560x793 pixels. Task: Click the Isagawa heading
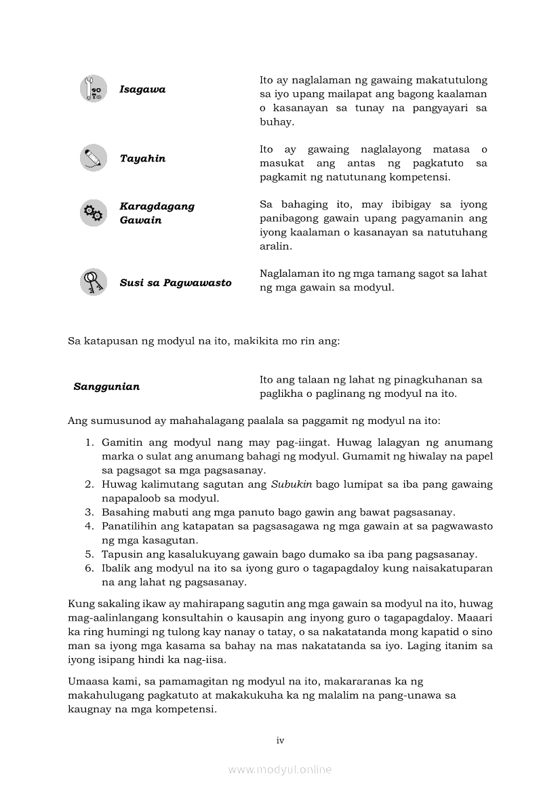click(x=142, y=90)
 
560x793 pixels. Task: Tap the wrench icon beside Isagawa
click(x=93, y=89)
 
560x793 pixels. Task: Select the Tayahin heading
click(x=142, y=159)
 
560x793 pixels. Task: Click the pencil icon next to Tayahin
click(x=93, y=158)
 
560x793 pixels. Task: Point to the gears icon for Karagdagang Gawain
click(x=93, y=213)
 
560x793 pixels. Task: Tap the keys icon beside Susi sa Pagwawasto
click(x=93, y=282)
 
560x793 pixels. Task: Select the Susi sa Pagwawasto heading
click(x=176, y=283)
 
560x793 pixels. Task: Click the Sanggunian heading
click(x=106, y=387)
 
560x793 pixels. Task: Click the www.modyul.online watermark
click(x=280, y=770)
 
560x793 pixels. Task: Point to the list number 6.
click(x=89, y=568)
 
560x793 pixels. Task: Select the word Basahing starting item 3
click(x=124, y=512)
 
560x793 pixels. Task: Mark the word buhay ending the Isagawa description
click(x=273, y=122)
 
